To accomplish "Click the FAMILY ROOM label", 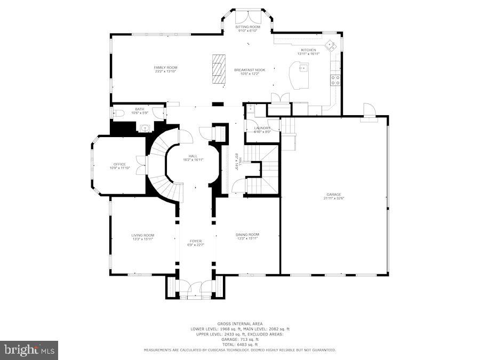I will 165,68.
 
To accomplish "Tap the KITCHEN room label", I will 308,50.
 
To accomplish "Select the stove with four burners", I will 335,80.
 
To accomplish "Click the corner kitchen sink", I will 330,44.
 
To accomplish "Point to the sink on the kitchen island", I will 303,68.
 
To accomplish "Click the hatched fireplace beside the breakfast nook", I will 218,69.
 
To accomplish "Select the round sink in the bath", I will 145,128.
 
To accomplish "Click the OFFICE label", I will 119,164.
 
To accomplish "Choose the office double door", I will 140,165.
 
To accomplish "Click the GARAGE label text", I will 334,194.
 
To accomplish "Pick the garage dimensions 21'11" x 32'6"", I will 334,198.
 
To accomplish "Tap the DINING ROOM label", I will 247,235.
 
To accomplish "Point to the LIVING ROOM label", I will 143,235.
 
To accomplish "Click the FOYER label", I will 195,241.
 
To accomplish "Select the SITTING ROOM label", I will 247,27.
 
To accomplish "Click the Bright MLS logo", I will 29,350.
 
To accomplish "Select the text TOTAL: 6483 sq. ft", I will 239,345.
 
